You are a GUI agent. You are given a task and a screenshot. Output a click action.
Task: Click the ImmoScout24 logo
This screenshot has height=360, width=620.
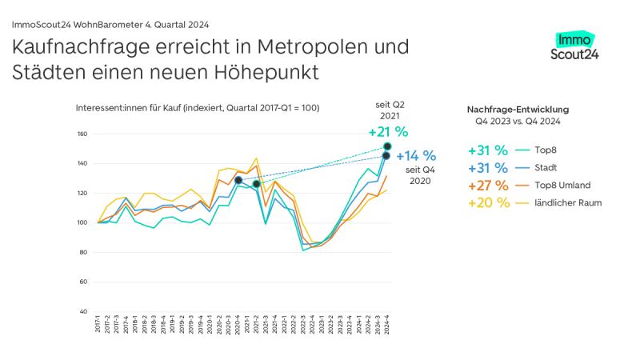tap(574, 46)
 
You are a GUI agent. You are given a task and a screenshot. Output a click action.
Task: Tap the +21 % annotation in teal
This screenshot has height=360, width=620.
tap(388, 132)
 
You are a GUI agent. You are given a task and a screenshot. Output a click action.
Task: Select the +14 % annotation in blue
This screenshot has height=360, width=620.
tap(416, 156)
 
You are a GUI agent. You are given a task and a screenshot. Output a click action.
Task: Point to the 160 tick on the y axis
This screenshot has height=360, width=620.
tap(82, 134)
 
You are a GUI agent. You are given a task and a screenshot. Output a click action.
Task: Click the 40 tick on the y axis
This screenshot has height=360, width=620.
tap(84, 311)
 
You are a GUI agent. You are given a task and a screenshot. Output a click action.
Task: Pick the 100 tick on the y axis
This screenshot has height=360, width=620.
tap(82, 222)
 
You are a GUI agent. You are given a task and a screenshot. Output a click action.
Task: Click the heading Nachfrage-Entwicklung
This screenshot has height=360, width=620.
tap(518, 109)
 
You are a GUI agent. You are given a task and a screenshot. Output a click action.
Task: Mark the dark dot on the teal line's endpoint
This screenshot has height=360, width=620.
tap(387, 146)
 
